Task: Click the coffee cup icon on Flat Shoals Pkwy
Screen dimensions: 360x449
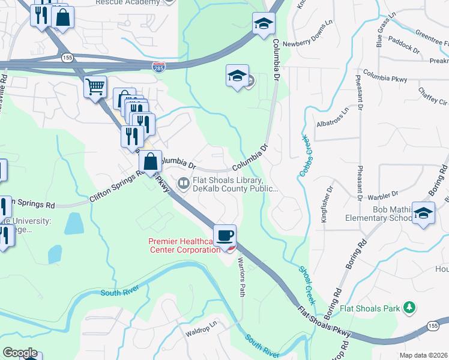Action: [225, 235]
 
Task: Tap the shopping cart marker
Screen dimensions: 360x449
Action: [95, 88]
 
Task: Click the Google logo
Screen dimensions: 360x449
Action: [20, 353]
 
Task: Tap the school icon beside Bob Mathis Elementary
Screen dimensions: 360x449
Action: [424, 214]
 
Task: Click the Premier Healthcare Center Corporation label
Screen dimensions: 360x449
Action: [184, 245]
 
